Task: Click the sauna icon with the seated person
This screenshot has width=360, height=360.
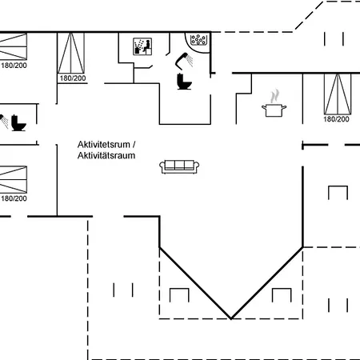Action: coord(142,46)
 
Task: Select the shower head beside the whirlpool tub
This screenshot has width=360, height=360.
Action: coord(184,60)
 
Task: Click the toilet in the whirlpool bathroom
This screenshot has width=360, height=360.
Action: coord(184,81)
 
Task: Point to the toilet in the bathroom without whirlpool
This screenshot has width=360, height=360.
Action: coord(18,122)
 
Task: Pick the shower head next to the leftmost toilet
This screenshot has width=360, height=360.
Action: coord(3,121)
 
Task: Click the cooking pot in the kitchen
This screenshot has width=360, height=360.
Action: coord(274,110)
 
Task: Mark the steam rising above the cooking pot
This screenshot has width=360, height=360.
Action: coord(274,96)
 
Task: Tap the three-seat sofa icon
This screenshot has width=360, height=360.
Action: coord(179,167)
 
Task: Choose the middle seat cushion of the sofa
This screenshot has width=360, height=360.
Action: coord(179,165)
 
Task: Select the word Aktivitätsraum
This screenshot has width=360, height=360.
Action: coord(106,155)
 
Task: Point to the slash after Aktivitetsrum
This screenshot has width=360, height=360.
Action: coord(134,145)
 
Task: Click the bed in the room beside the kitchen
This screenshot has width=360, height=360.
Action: coord(338,94)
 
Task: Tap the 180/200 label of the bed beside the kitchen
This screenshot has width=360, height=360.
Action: coord(336,119)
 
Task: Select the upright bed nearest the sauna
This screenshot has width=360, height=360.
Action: coord(71,53)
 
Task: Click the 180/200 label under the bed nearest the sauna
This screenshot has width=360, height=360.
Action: coord(73,78)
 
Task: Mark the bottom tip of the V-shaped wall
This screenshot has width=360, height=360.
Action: coord(231,318)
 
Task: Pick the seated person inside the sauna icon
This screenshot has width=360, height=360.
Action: coord(146,46)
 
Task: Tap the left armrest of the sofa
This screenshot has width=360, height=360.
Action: coord(162,167)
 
